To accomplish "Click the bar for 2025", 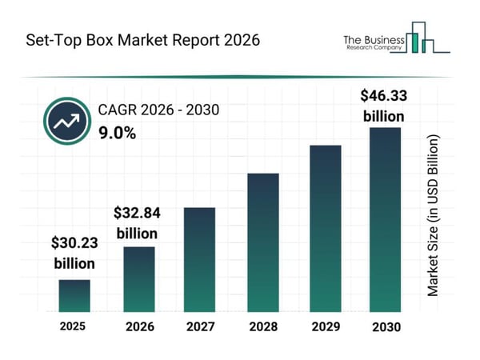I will click(74, 295).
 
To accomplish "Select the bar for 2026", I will click(138, 278).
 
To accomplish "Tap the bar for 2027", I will click(200, 259).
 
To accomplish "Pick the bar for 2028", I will click(262, 242).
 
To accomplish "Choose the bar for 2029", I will click(325, 228).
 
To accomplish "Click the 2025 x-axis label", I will click(74, 326).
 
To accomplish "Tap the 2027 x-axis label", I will click(200, 327).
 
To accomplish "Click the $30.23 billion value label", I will click(74, 252).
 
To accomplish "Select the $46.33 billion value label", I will click(384, 106).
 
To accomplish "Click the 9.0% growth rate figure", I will click(117, 134).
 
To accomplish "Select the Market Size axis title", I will click(433, 216).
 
